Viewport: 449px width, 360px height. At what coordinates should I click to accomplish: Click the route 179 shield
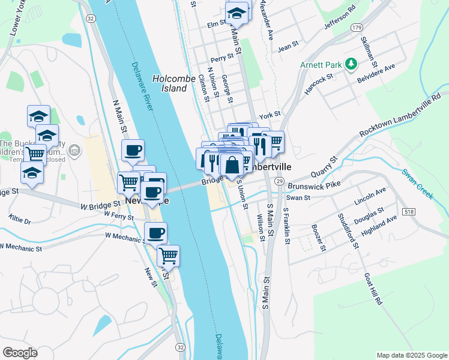click(357, 28)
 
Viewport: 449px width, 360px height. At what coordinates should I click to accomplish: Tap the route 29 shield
click(279, 181)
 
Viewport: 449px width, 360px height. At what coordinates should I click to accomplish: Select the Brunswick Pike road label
click(314, 186)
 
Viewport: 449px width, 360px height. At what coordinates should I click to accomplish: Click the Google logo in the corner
click(20, 352)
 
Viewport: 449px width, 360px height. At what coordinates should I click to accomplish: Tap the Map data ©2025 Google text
click(411, 355)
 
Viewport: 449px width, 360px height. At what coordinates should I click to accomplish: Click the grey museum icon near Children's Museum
click(74, 149)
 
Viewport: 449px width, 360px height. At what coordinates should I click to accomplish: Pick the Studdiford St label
click(348, 231)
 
